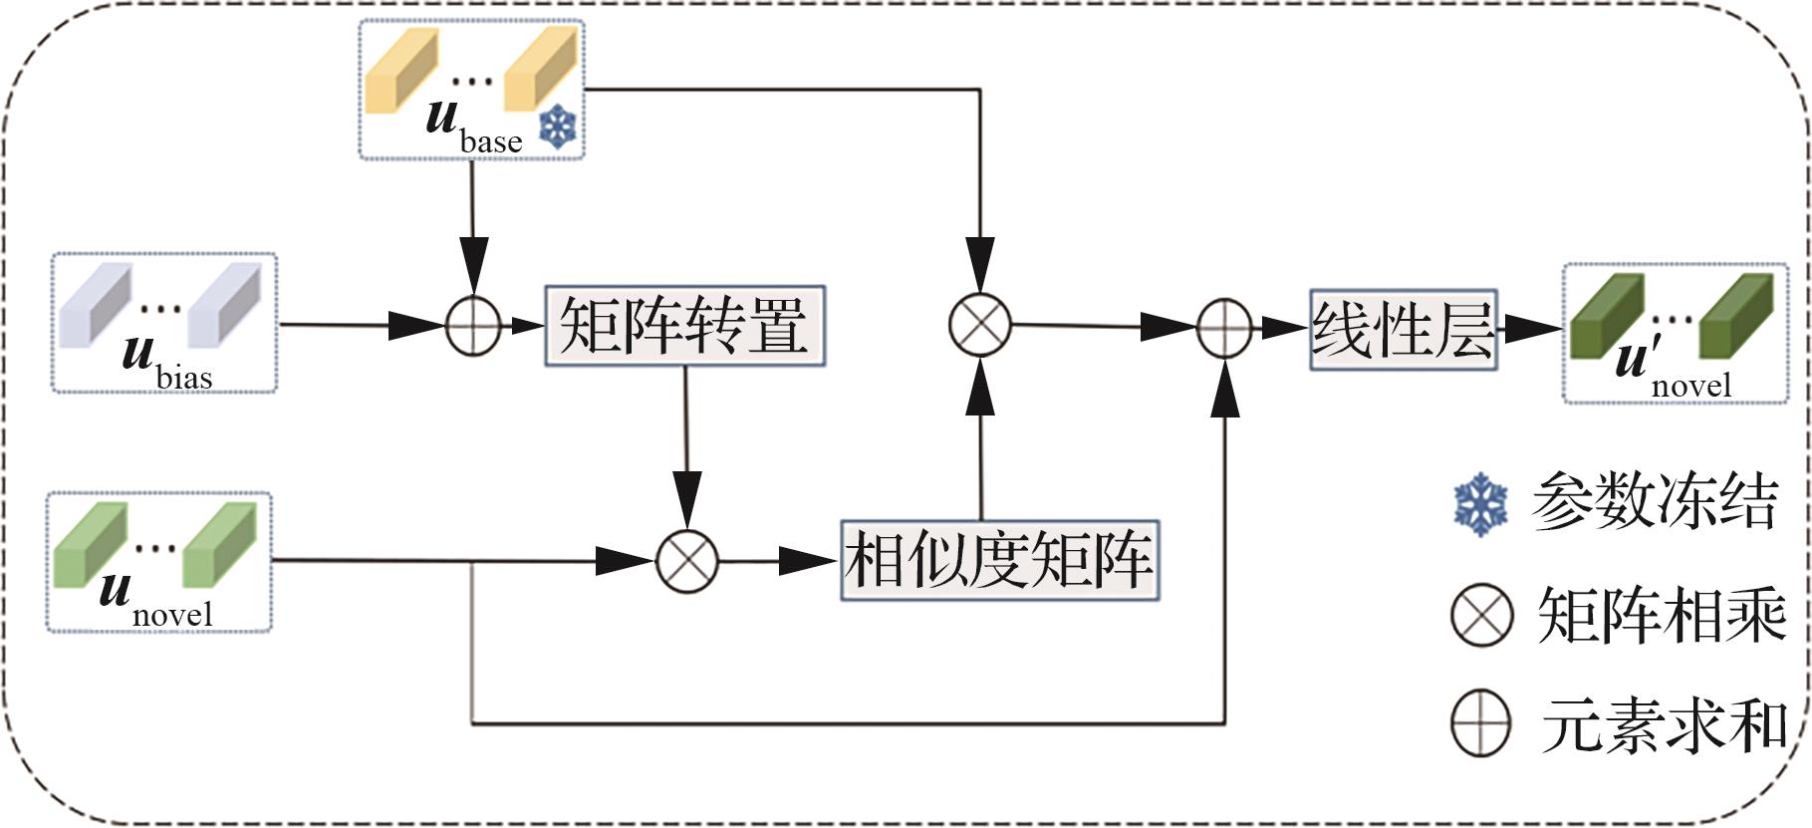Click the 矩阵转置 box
(x=684, y=326)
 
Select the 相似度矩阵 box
(x=999, y=560)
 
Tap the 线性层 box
(x=1403, y=330)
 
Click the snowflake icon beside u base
(x=559, y=128)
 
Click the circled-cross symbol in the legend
(x=1481, y=616)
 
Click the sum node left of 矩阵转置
(x=473, y=326)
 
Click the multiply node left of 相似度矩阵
(x=687, y=561)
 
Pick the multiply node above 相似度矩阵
(x=980, y=324)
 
